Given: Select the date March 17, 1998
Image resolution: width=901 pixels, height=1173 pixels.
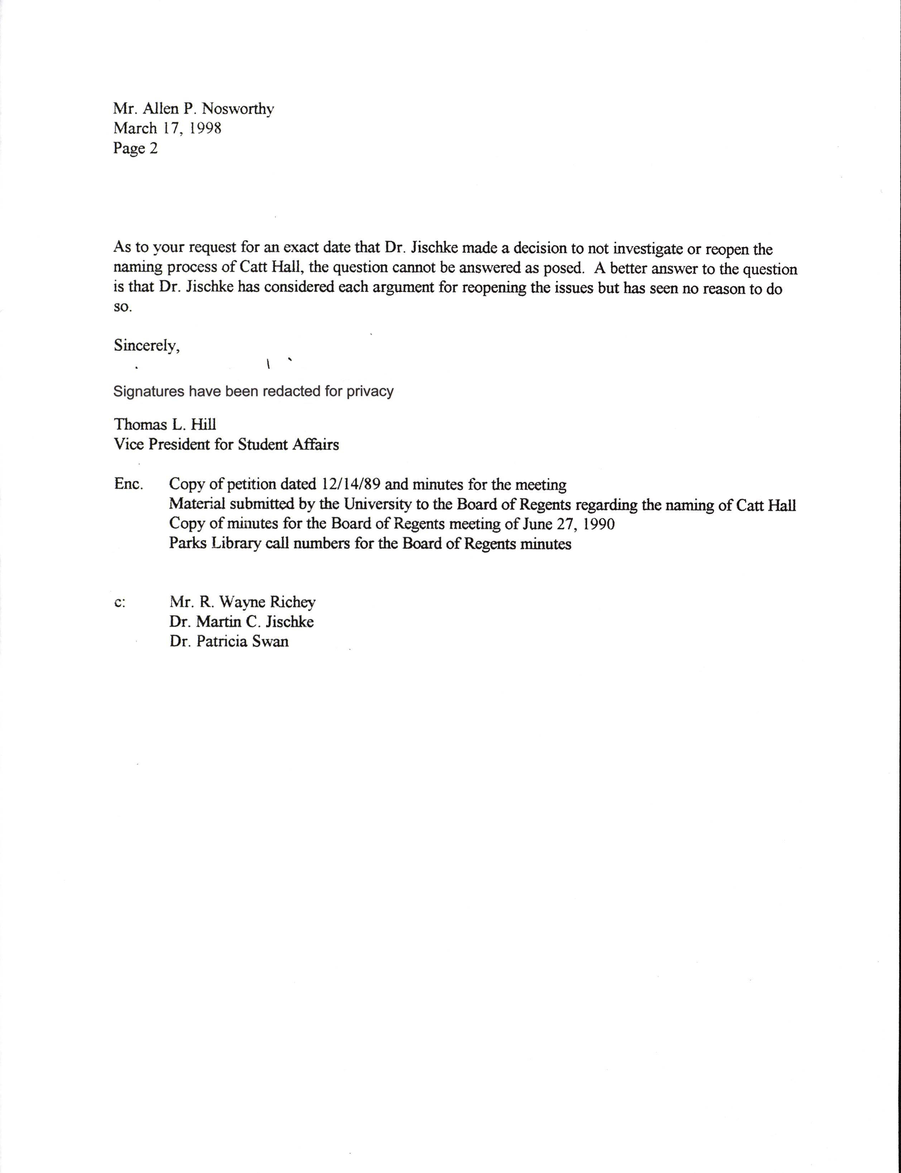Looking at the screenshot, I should (x=167, y=129).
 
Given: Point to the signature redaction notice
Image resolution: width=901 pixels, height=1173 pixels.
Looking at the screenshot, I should (x=253, y=391).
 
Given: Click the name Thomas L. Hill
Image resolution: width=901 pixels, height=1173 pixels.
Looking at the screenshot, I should (x=165, y=425).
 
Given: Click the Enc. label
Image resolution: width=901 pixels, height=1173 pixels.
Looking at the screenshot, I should (x=128, y=484).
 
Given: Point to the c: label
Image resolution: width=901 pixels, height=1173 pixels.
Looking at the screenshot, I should (x=120, y=603).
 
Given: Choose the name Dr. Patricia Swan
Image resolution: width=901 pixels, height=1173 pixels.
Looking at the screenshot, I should (x=229, y=642).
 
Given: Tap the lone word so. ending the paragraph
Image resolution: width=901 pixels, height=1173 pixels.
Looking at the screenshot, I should (x=122, y=307).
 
